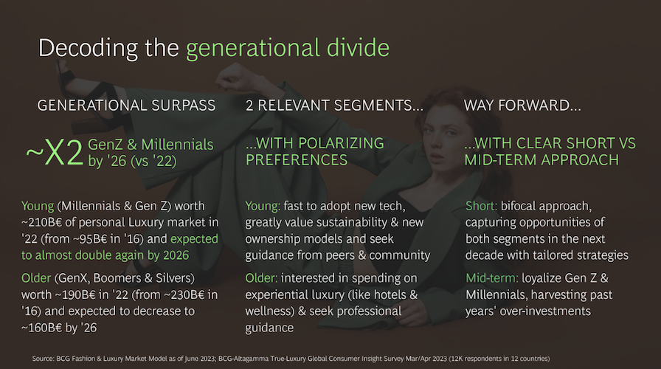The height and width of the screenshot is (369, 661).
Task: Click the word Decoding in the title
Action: click(88, 48)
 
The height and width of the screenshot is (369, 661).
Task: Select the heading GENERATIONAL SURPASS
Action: click(126, 105)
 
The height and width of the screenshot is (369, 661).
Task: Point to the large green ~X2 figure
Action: click(55, 153)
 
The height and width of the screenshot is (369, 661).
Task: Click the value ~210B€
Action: click(48, 222)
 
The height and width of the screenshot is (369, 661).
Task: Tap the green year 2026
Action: click(173, 255)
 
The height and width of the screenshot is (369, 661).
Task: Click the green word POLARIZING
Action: click(341, 143)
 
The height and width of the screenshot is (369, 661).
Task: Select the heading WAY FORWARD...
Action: click(522, 105)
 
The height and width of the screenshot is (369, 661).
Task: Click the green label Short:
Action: click(482, 206)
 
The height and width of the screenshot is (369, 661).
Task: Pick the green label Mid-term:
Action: click(492, 278)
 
